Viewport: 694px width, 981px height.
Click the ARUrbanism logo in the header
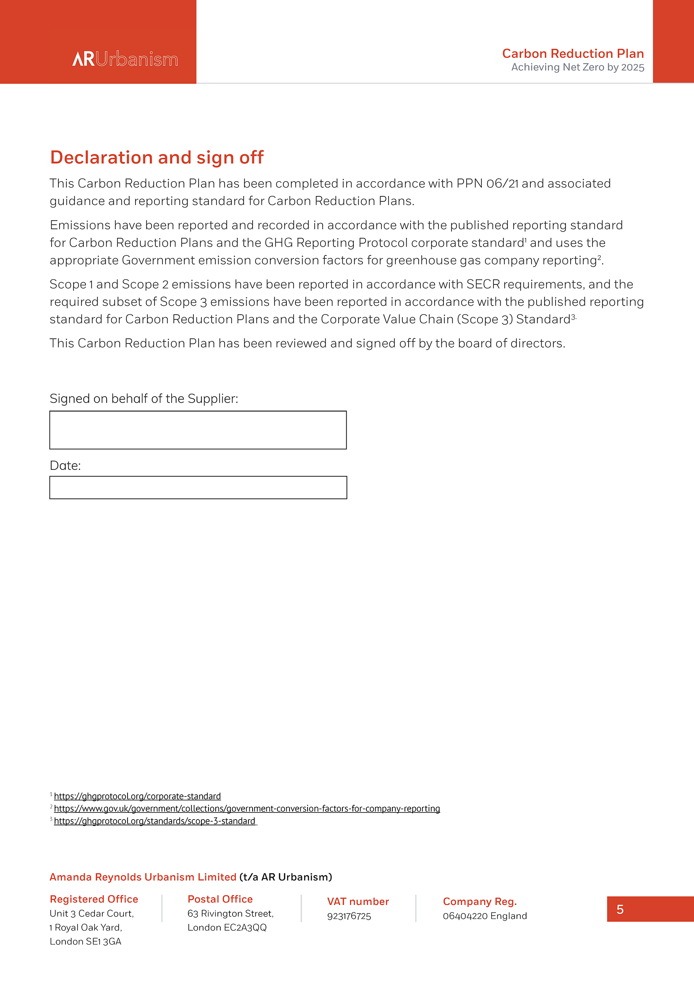click(125, 59)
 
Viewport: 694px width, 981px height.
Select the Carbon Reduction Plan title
click(573, 53)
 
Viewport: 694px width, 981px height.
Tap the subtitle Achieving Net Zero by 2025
click(577, 68)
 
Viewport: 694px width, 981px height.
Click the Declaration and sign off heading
click(157, 157)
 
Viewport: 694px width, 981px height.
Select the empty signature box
click(198, 430)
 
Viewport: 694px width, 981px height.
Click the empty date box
click(198, 487)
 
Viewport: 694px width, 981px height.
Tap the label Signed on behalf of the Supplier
click(143, 398)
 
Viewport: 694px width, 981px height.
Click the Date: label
click(65, 465)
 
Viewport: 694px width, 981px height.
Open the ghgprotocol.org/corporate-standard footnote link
click(137, 796)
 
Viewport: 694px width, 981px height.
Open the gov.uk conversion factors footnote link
click(247, 809)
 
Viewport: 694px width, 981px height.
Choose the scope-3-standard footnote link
click(154, 821)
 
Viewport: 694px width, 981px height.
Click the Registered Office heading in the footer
click(94, 899)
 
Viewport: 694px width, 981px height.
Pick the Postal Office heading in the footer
click(220, 899)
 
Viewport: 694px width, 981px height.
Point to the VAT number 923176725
click(349, 916)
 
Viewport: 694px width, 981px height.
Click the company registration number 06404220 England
click(485, 916)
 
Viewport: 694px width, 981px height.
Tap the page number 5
click(620, 909)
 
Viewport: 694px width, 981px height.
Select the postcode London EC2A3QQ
click(227, 927)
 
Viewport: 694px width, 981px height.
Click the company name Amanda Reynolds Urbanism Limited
click(143, 877)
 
